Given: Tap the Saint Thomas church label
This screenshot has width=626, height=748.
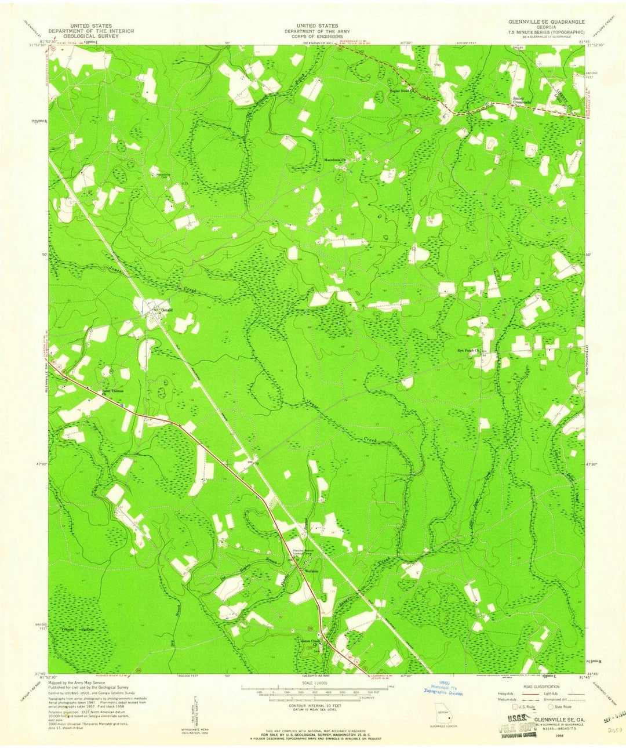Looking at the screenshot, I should (x=113, y=391).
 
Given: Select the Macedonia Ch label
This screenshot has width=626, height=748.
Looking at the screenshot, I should (x=334, y=159).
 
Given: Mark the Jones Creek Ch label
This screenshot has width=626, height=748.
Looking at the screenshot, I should (x=311, y=641).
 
